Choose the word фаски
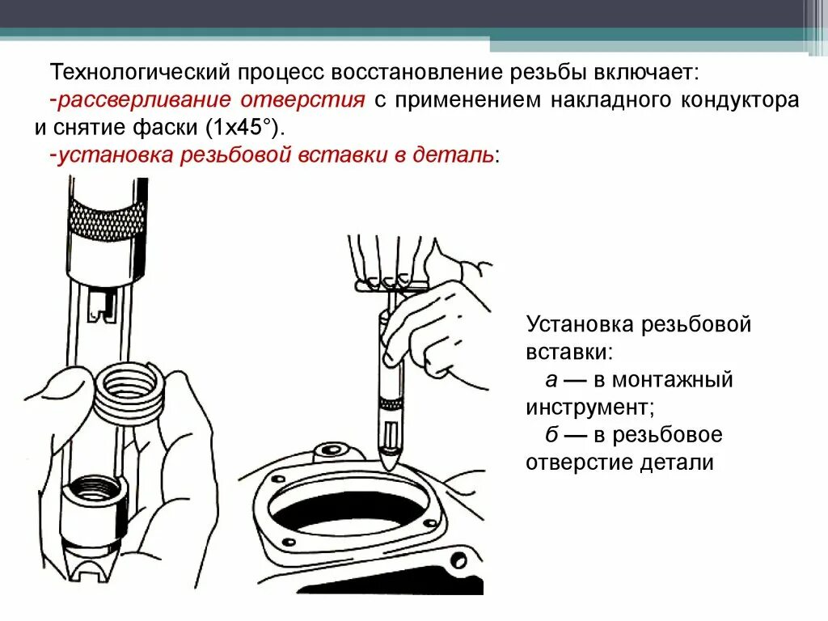(x=151, y=128)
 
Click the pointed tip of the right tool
(x=389, y=461)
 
